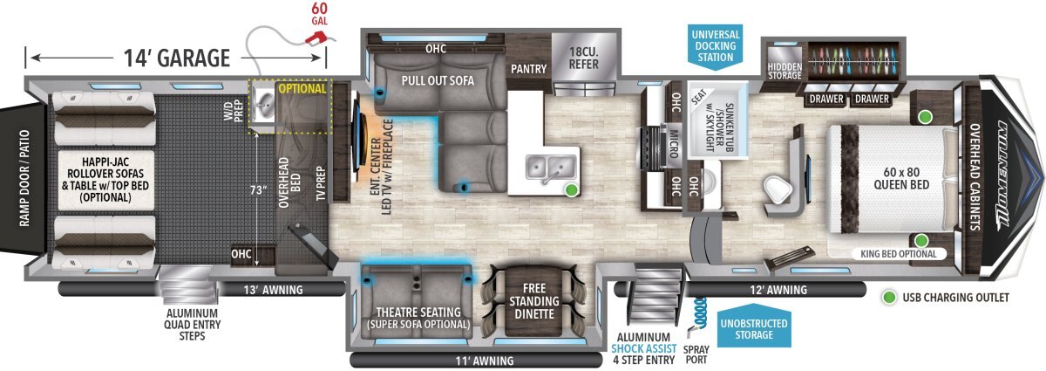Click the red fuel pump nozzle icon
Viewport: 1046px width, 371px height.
coord(316,38)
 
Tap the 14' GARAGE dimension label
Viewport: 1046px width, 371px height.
coord(177,58)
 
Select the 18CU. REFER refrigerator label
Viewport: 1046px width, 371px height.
coord(584,58)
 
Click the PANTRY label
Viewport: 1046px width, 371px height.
coord(528,69)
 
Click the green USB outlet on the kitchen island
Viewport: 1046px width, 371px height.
coord(571,189)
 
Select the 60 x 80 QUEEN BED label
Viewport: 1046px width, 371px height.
coord(901,178)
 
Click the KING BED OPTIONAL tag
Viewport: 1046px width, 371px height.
coord(899,254)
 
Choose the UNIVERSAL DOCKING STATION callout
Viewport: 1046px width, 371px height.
coord(716,46)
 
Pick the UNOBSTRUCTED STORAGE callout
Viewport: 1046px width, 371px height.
coord(754,329)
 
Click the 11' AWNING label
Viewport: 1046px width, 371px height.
coord(485,361)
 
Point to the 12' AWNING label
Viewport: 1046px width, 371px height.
coord(778,290)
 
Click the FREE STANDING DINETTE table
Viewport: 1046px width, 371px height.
coord(533,301)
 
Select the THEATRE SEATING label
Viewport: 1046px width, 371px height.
coord(418,312)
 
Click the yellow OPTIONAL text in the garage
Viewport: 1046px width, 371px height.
coord(302,88)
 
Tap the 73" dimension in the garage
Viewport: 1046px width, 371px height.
coord(258,190)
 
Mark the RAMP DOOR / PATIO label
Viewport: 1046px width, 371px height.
coord(24,179)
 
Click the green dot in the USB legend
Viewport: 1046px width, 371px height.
coord(889,297)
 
